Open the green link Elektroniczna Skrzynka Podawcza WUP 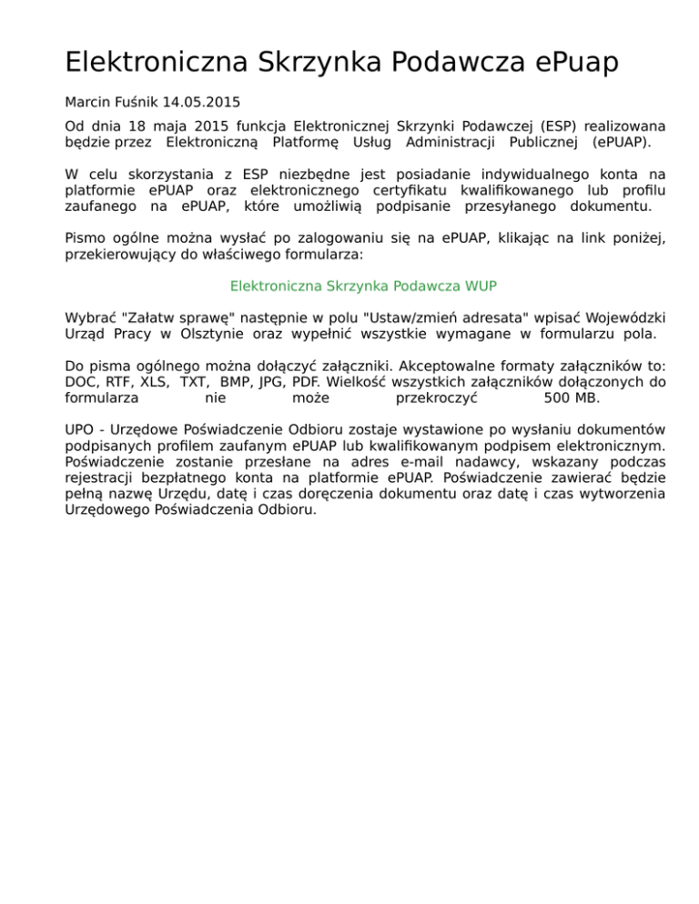[x=363, y=286]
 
